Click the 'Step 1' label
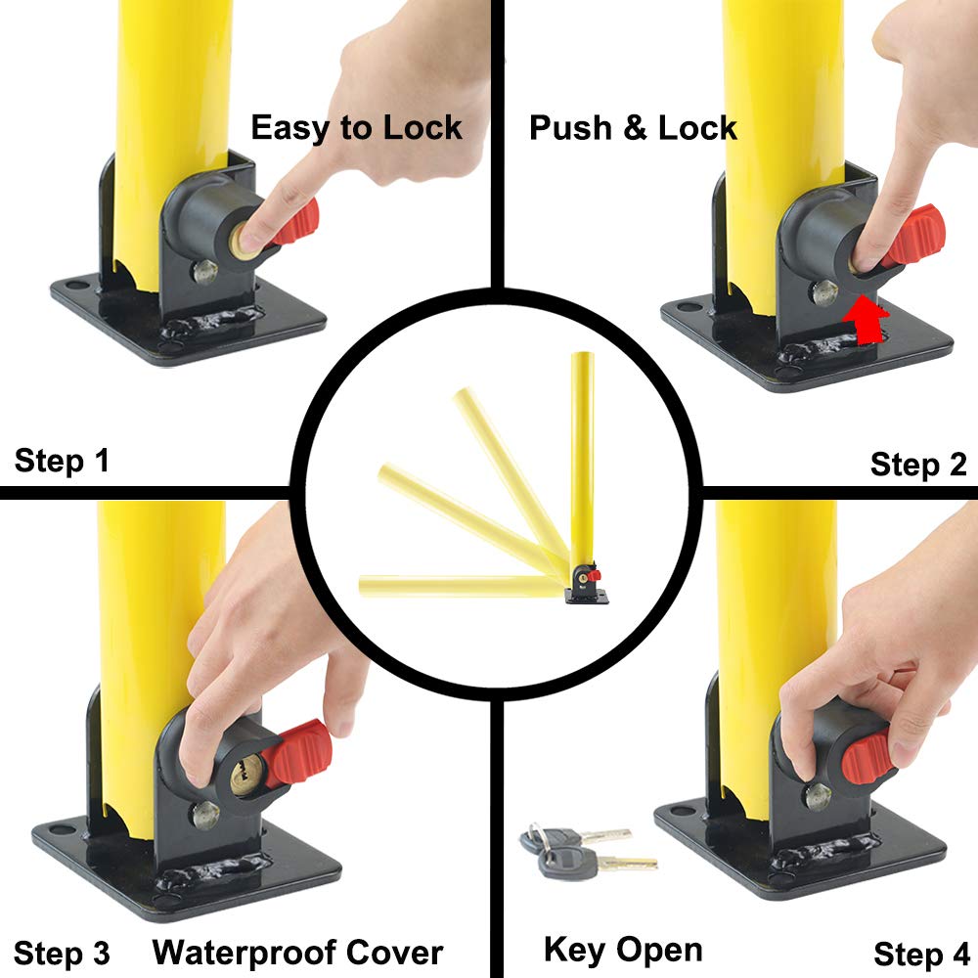[62, 461]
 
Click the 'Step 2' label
[917, 465]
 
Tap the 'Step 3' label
[62, 953]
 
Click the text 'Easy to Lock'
[356, 128]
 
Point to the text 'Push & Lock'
[633, 128]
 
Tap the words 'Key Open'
[622, 949]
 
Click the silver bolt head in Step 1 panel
[205, 271]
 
